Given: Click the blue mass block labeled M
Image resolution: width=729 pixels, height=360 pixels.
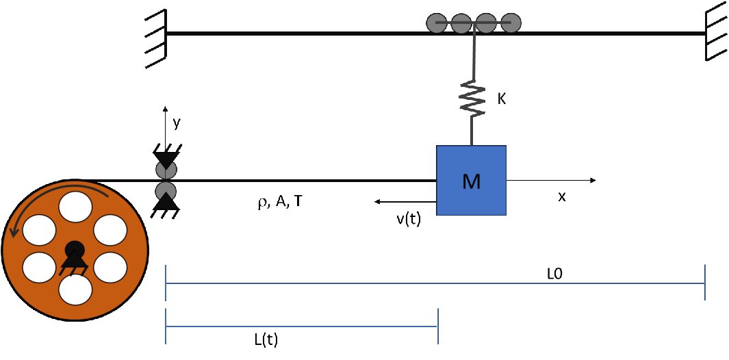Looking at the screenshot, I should pos(471,181).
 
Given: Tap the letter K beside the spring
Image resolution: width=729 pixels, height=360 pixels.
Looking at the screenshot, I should pos(501,99).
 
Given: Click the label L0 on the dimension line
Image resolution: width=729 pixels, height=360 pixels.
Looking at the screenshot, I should pos(554,273).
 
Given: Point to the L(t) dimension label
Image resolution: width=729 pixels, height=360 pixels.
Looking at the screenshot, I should pos(265,339).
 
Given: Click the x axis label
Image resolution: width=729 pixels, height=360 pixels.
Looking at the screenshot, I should pos(562,196).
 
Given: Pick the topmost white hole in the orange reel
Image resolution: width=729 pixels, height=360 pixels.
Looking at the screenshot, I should pos(75,209).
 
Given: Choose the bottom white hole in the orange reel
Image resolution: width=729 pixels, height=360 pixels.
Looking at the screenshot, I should pos(75,288).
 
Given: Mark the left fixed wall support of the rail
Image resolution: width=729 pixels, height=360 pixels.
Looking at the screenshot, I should pos(157,34).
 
